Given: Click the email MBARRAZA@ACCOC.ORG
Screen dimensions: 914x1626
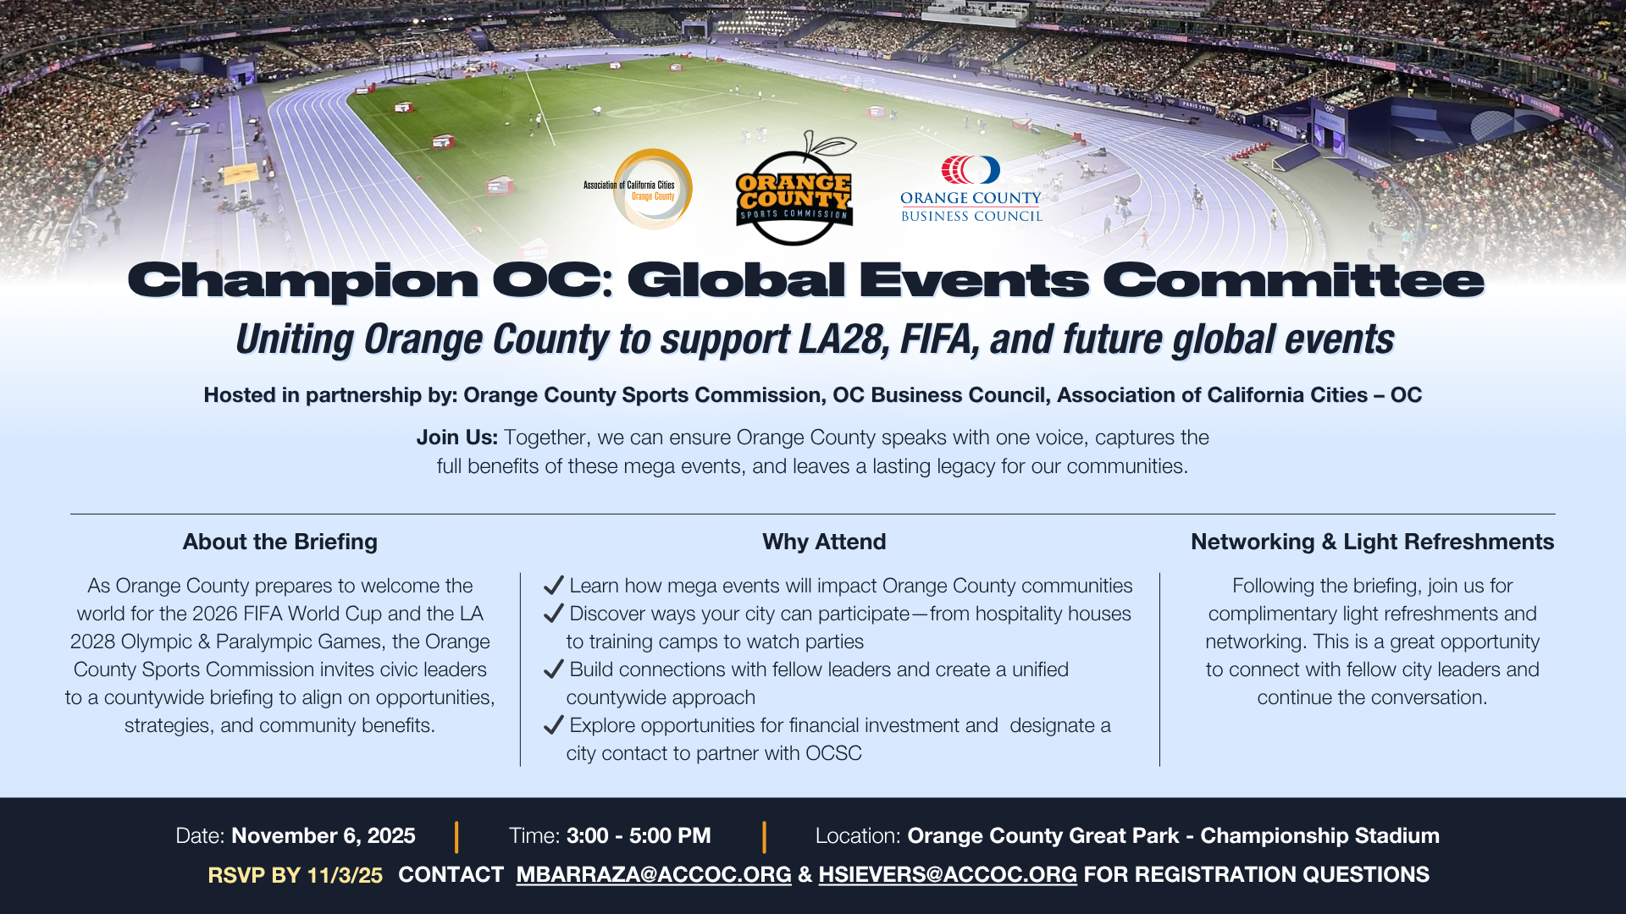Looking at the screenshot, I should [x=653, y=875].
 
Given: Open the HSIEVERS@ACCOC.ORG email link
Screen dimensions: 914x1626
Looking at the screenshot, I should [x=947, y=875].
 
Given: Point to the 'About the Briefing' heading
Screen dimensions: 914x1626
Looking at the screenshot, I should [x=279, y=542].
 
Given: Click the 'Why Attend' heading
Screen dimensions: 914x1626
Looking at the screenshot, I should [x=823, y=542].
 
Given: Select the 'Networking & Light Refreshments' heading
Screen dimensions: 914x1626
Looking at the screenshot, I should [x=1372, y=542].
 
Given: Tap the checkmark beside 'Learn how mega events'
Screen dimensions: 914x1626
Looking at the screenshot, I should [x=554, y=585].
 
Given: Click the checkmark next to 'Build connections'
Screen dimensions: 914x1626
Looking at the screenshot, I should [x=554, y=669].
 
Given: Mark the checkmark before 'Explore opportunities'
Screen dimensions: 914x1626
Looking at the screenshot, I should [x=554, y=724].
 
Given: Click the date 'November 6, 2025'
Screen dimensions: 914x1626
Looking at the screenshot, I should [x=323, y=836].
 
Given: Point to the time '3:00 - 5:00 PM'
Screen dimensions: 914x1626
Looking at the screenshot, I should [x=639, y=836].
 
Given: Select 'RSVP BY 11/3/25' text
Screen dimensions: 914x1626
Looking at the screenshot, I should [x=295, y=875].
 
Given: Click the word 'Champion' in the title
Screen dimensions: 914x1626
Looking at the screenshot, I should [x=302, y=281].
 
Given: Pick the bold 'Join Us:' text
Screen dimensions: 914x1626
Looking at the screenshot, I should [x=456, y=438].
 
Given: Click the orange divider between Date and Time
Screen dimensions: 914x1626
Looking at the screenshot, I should [x=456, y=836].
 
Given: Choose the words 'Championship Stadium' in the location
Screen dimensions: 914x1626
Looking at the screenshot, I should [x=1319, y=836].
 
